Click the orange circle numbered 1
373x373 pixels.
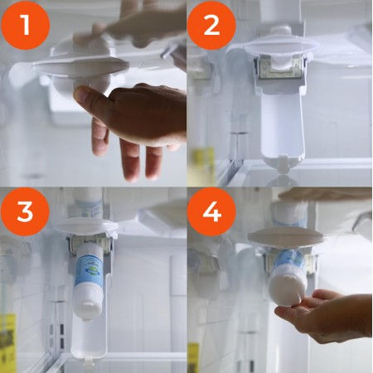pyautogui.click(x=26, y=26)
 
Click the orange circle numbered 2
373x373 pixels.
pyautogui.click(x=211, y=26)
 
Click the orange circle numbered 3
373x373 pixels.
pyautogui.click(x=25, y=212)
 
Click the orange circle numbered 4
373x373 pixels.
pyautogui.click(x=211, y=212)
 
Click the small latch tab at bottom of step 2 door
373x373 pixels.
pyautogui.click(x=283, y=163)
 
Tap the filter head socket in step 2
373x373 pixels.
pyautogui.click(x=280, y=66)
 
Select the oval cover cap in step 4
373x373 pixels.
pyautogui.click(x=285, y=237)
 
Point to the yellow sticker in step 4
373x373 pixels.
pyautogui.click(x=193, y=358)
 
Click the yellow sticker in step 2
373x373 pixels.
pyautogui.click(x=204, y=163)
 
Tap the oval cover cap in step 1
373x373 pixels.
pyautogui.click(x=80, y=66)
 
